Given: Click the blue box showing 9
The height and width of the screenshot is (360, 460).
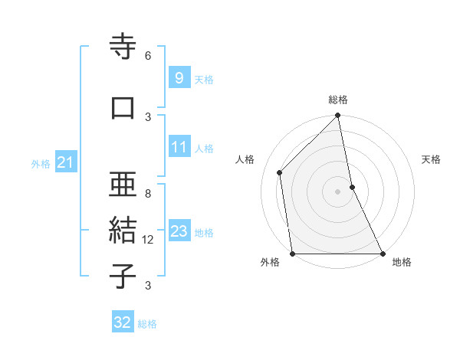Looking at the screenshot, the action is point(178,77).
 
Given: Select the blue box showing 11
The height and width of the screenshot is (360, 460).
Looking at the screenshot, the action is point(178,147).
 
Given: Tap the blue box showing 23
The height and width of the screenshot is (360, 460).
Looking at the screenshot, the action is point(179,231).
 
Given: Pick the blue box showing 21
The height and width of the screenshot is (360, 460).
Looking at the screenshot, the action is point(66,162).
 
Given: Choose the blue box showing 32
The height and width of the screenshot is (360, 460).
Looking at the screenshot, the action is point(123,322).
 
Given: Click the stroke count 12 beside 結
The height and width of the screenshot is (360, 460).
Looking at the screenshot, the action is point(149,240).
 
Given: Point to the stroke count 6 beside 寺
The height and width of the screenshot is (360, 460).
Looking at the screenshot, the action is point(148,56).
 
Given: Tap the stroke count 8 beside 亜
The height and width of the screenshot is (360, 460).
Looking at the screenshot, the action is point(148,194).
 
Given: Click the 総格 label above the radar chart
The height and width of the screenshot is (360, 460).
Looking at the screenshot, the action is point(338,100).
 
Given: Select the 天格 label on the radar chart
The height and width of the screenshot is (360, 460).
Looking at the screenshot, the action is point(431,159).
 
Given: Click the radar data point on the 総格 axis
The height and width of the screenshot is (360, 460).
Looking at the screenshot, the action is point(338,116).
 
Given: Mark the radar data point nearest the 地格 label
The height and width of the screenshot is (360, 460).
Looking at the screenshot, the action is point(383,253).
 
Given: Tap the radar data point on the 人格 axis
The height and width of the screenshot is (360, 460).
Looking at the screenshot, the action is point(280,172).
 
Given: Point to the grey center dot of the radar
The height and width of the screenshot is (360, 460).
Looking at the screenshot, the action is point(338,191).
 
